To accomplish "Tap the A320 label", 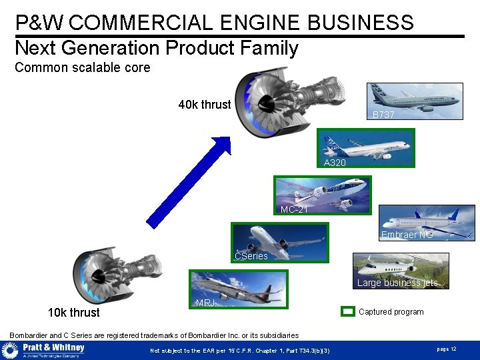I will (x=335, y=163).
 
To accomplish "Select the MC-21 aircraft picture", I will (x=323, y=195).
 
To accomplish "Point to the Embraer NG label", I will (x=407, y=235).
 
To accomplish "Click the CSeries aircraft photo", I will (x=280, y=241).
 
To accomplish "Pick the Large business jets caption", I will (x=397, y=283).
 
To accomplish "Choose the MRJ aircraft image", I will (x=239, y=289).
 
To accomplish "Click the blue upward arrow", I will (x=189, y=179).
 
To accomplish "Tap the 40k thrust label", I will (x=204, y=105).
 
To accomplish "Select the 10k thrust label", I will (x=73, y=313).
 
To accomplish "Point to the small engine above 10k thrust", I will (x=117, y=275).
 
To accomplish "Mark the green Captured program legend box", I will (x=347, y=311).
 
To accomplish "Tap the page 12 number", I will (x=446, y=349).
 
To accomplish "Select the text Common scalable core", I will (x=83, y=67).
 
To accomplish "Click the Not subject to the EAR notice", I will (x=239, y=351).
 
